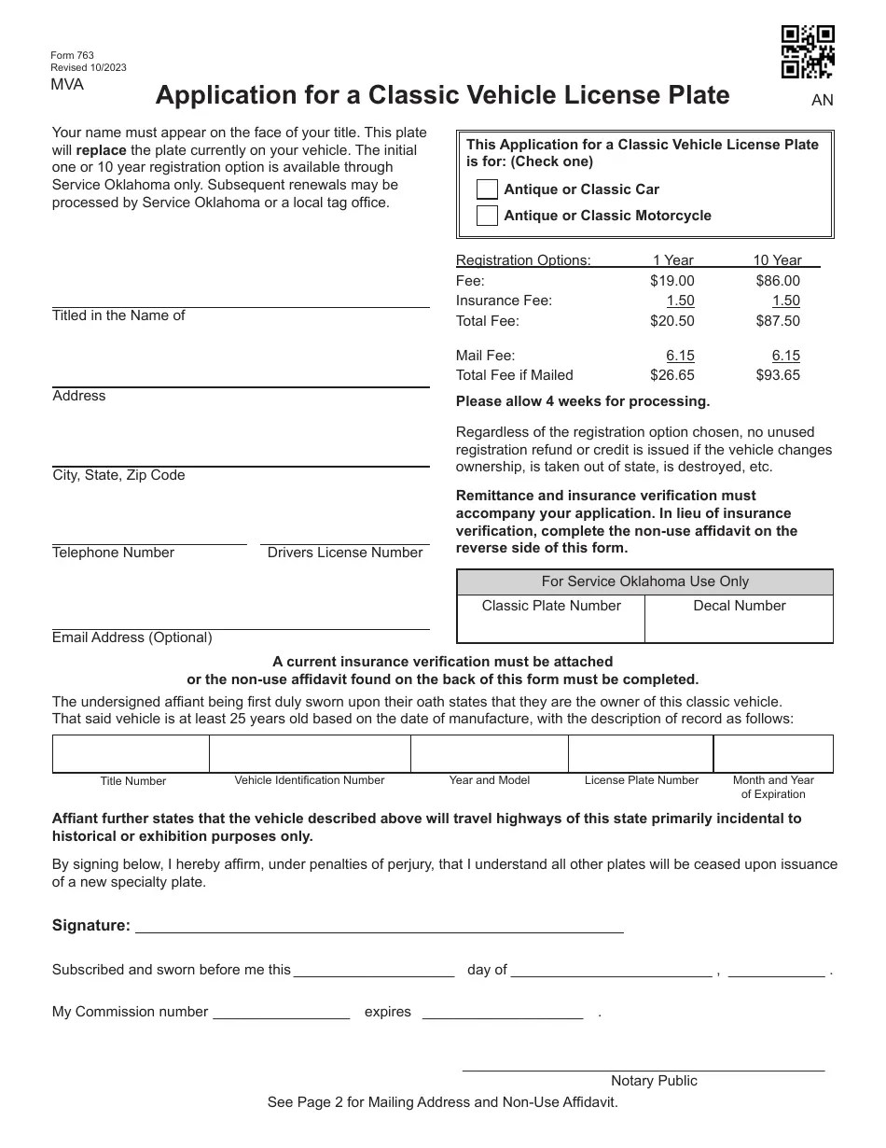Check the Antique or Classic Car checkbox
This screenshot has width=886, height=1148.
point(487,189)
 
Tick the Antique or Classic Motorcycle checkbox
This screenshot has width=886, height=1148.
point(487,216)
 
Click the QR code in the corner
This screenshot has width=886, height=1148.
point(807,52)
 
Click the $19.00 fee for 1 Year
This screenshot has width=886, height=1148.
point(671,281)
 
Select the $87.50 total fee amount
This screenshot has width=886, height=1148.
point(778,321)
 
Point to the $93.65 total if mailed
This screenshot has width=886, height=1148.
point(778,375)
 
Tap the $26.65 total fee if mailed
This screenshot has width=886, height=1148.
point(671,375)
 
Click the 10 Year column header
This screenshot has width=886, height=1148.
point(777,260)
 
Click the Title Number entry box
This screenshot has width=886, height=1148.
point(131,753)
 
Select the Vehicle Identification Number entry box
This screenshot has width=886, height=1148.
point(310,753)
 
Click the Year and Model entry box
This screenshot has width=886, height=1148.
point(490,753)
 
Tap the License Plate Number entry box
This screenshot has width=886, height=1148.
point(641,753)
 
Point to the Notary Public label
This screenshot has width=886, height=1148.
point(654,1081)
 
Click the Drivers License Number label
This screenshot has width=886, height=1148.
point(345,553)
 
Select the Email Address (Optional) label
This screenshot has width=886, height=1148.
point(132,637)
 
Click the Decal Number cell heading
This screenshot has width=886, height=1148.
point(740,606)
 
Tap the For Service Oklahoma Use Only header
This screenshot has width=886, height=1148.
point(644,581)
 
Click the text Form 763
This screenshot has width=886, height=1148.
point(73,55)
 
